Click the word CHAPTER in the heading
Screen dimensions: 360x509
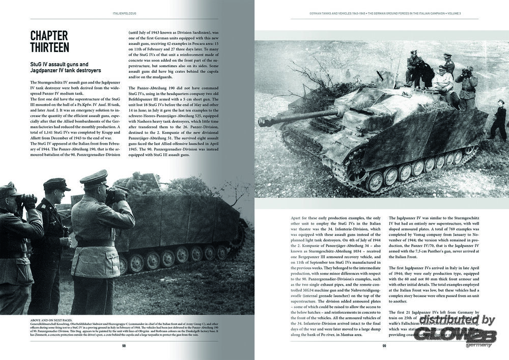pyautogui.click(x=49, y=35)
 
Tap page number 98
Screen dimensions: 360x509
pyautogui.click(x=124, y=346)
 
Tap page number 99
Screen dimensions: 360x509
pyautogui.click(x=385, y=346)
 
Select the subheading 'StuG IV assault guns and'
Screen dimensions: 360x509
pyautogui.click(x=59, y=64)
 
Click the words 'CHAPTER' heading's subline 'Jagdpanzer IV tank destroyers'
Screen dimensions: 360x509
pyautogui.click(x=65, y=71)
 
